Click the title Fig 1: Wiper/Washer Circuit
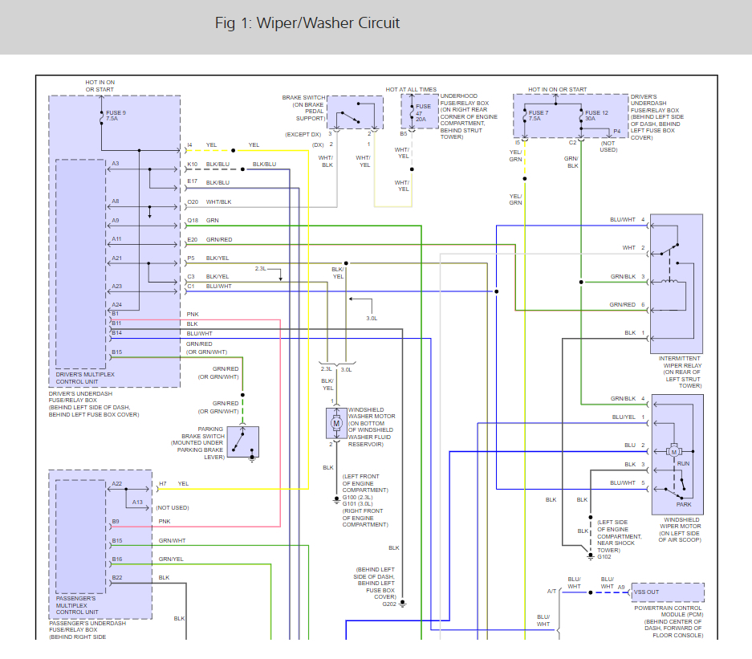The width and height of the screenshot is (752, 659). click(307, 22)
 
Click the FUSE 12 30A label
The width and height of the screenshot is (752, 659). click(597, 116)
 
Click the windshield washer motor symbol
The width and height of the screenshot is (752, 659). click(337, 423)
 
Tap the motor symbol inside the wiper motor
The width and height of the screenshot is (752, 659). click(674, 451)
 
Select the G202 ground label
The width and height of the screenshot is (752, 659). click(389, 604)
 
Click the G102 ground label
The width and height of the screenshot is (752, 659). click(605, 555)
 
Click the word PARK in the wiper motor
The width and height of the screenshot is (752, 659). click(684, 505)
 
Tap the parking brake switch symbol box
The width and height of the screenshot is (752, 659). click(242, 441)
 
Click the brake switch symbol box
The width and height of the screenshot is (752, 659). click(355, 112)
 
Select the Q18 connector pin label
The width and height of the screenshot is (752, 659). click(193, 220)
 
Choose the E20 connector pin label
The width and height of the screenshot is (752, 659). click(193, 239)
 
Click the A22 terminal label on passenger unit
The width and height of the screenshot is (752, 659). click(117, 483)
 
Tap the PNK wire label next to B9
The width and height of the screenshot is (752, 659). click(165, 521)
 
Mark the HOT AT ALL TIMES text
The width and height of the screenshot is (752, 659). click(411, 90)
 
